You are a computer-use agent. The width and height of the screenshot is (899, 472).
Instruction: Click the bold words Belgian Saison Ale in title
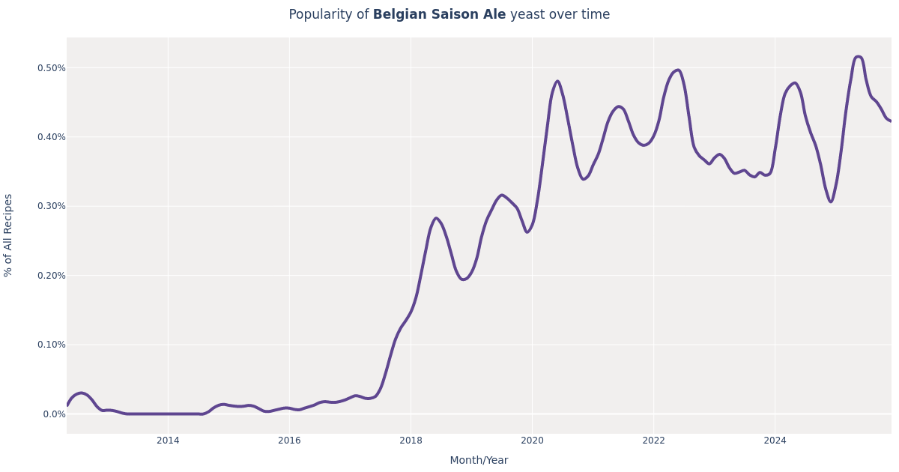pos(439,15)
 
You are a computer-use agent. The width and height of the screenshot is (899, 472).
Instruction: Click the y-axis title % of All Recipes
pos(9,235)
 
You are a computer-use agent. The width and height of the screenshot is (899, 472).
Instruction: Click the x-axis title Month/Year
pos(479,461)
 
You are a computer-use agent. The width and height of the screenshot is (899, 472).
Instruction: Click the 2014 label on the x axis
pos(168,441)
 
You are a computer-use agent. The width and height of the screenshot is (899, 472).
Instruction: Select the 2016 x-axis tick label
pos(289,441)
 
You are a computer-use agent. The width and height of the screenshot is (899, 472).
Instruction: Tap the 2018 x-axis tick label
pos(411,441)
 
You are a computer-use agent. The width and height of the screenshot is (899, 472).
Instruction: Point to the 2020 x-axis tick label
pos(532,441)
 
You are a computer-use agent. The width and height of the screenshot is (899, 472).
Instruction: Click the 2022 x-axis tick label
pos(653,441)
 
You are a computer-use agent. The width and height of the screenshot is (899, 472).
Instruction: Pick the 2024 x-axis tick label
pos(775,441)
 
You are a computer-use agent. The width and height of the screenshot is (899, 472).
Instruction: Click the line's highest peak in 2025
pos(859,57)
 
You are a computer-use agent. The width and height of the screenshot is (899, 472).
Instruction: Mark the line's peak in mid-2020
pos(557,82)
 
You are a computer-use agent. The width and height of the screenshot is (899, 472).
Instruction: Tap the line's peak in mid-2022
pos(678,70)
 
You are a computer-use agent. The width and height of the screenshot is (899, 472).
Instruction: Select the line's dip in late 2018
pos(463,279)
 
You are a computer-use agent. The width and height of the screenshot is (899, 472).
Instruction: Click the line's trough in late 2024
pos(830,202)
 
